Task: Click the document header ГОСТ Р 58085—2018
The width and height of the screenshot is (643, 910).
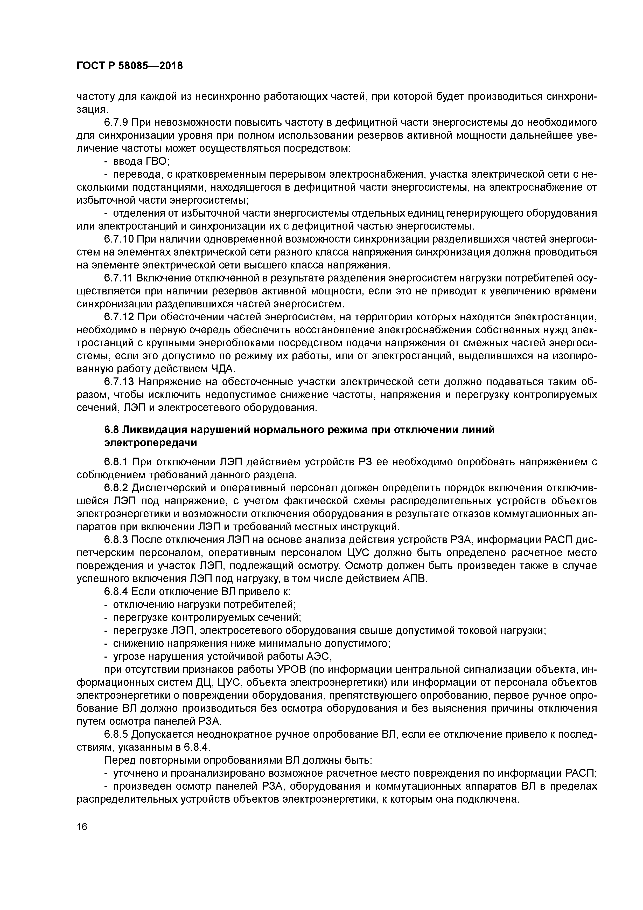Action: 130,66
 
